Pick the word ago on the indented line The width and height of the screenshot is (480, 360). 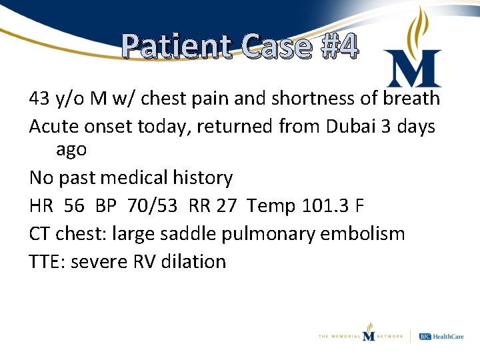tap(71, 149)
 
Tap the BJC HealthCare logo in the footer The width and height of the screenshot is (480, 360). tap(442, 336)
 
